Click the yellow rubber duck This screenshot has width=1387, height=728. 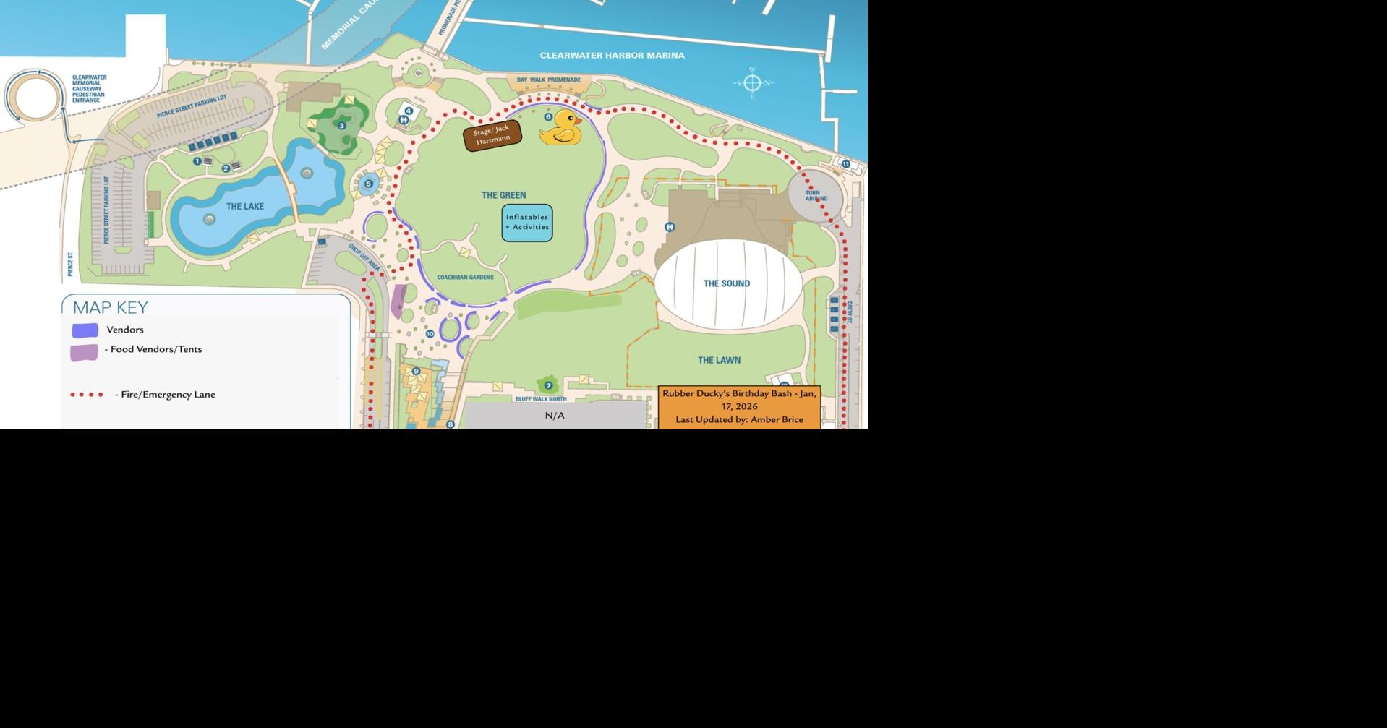pos(561,128)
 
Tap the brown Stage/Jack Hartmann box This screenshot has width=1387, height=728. pos(492,135)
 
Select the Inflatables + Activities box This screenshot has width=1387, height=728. pos(527,222)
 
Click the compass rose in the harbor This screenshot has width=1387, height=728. pos(752,83)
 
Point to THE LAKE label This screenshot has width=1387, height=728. pos(244,207)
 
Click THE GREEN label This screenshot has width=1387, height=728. pos(504,195)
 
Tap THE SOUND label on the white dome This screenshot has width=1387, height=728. pos(726,283)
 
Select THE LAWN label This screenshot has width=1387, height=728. pos(719,360)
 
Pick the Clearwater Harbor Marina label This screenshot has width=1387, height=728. pos(612,56)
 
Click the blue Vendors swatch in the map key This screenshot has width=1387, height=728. pos(85,330)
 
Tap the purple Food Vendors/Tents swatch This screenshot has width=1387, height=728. pos(84,353)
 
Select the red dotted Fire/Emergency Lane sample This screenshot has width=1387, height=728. pos(87,395)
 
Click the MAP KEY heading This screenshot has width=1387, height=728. pos(110,308)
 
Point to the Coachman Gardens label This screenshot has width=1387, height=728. pos(465,278)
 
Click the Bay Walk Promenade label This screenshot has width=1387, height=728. pos(548,80)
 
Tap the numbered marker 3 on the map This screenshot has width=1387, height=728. pos(342,126)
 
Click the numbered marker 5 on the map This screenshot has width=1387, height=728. pos(368,184)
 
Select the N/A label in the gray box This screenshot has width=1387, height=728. pos(555,416)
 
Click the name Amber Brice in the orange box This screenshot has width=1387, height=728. pos(777,419)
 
